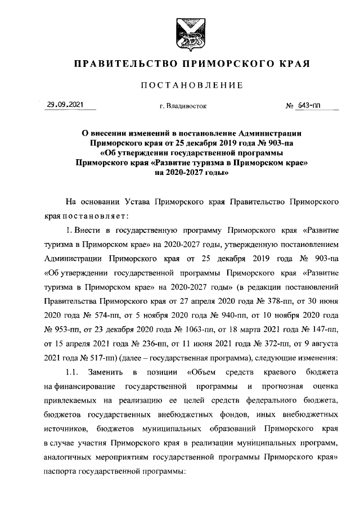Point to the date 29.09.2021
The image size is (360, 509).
pyautogui.click(x=65, y=104)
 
